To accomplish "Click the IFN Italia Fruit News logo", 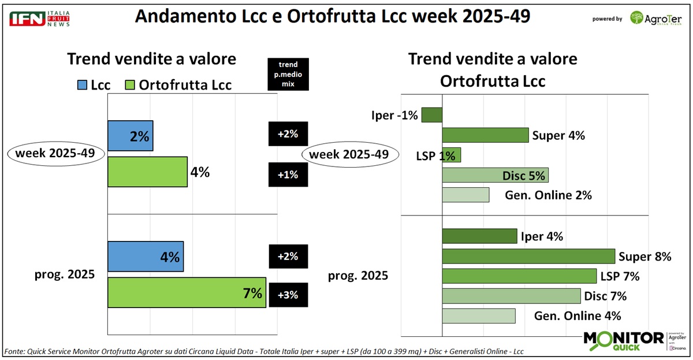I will click(40, 18).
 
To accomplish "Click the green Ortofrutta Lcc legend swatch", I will click(131, 86).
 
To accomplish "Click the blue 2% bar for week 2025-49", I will click(131, 136).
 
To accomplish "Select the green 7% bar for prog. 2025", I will click(187, 293).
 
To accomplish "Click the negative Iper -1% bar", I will click(431, 115).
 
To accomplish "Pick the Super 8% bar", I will click(528, 256).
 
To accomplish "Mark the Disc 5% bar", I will click(495, 175).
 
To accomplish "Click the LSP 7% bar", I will click(519, 276).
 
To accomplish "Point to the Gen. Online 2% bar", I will click(465, 195).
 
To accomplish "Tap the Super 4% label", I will click(558, 136).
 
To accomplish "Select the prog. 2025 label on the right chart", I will click(358, 276).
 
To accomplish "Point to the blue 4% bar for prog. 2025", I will click(146, 257).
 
